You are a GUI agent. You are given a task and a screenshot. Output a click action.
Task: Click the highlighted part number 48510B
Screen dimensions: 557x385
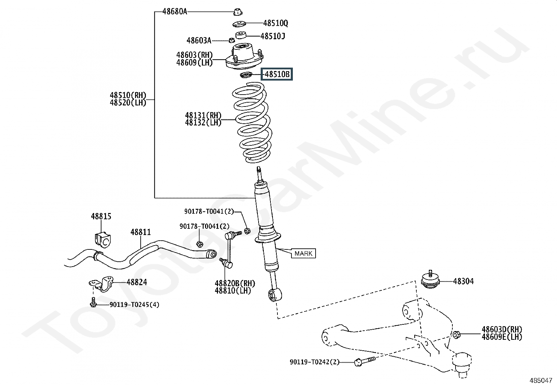pos(277,74)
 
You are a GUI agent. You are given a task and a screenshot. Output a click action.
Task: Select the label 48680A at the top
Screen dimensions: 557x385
pos(175,12)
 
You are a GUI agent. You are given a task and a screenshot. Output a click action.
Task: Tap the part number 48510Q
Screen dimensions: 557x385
pos(275,23)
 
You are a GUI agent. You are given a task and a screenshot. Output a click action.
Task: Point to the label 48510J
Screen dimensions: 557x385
pos(273,36)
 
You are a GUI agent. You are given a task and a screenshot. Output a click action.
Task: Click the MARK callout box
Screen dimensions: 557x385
pos(303,254)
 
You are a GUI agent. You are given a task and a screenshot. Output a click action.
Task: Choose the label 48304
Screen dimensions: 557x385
pos(464,281)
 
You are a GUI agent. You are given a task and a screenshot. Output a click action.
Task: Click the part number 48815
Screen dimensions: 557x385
pos(101,216)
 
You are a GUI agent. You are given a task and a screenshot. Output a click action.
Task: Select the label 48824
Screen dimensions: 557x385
pos(137,282)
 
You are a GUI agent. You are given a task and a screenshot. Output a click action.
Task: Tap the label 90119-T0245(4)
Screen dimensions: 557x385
pos(134,304)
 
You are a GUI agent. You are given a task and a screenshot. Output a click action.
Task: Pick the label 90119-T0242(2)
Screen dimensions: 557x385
pos(315,362)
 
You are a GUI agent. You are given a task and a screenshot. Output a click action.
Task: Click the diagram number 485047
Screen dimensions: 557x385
pos(541,380)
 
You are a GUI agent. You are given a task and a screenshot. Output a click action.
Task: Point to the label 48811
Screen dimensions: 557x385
pos(141,232)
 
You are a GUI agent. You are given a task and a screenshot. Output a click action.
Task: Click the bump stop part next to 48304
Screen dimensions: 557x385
pos(430,280)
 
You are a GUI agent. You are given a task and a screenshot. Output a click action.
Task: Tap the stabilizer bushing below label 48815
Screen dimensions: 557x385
pos(103,240)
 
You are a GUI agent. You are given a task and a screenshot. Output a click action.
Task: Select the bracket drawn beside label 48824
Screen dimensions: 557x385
pos(101,284)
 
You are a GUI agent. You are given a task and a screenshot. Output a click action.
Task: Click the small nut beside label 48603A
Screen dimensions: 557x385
pos(232,40)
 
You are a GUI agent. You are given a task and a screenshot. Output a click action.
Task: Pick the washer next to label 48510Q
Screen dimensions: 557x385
pos(239,24)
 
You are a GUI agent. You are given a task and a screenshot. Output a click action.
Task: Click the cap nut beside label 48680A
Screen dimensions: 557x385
pos(238,12)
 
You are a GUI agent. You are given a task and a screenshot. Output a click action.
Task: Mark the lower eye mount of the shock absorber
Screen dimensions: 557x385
pos(275,295)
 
